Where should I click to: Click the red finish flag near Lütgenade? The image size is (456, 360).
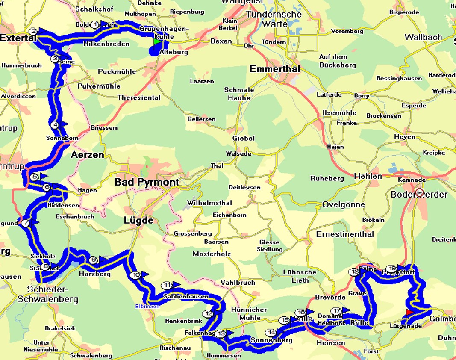pos(409,313)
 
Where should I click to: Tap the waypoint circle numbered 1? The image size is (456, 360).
pos(95,24)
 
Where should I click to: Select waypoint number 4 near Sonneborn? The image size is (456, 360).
pos(55,125)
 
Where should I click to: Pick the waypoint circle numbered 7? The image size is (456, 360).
pos(26,223)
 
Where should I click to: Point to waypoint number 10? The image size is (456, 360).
pos(136,275)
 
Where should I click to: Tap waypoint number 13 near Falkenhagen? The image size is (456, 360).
pos(221,333)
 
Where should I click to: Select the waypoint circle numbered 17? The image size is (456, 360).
pos(337,311)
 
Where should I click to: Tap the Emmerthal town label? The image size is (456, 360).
pos(275,69)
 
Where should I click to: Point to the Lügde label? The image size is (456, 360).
pos(138,221)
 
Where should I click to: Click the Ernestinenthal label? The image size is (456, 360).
pos(344,234)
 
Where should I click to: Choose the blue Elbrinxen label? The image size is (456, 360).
pos(147,307)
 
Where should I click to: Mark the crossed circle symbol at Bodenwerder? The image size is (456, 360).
pos(419,192)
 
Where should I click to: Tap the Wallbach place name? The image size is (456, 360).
pos(423,37)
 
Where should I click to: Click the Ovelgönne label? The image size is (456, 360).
pos(344,204)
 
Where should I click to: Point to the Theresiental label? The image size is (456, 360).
pos(139,97)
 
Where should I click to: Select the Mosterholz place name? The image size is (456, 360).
pos(212,254)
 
